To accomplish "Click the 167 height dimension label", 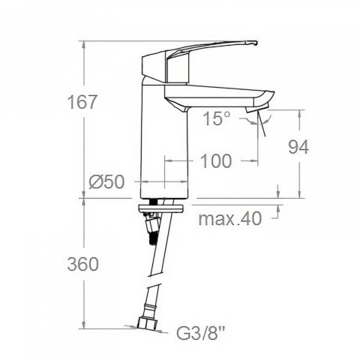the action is (x=82, y=102).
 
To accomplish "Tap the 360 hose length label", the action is (x=83, y=264).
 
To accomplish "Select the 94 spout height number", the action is (x=298, y=147).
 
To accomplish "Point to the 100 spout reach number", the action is (x=216, y=160).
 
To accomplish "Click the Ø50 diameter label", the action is (x=106, y=181).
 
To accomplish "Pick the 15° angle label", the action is (x=217, y=118).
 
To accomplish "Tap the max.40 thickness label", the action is (x=230, y=218).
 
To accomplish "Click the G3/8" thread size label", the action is (x=201, y=333).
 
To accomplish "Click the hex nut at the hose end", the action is (x=147, y=323).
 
